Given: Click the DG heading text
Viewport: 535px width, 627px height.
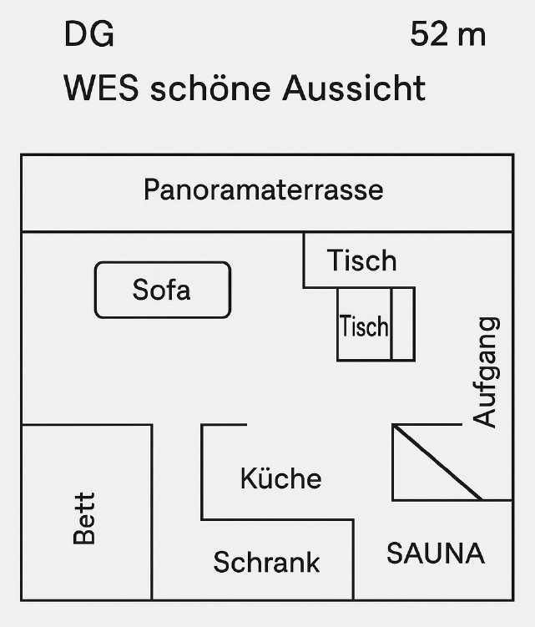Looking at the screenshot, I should pos(88,35).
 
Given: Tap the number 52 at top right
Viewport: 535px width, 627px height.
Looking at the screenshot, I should pos(429,35).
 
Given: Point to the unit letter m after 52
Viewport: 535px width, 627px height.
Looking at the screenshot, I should pos(471,36).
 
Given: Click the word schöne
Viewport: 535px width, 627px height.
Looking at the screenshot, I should pos(210,88).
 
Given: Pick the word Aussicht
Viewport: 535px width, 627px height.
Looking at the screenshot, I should pos(353,88).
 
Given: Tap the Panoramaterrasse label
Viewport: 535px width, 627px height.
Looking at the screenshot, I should pos(263,190).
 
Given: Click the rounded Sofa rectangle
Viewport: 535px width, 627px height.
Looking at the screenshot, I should pos(162,290).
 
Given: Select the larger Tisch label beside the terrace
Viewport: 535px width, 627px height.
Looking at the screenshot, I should pos(361,260).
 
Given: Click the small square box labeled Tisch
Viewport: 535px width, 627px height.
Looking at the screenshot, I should pos(364,325).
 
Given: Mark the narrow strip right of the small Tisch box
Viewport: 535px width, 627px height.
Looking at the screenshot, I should pos(402,324).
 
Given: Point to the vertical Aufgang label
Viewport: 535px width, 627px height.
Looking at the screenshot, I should pos(485,372).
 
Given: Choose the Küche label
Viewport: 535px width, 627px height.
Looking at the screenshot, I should pos(280,478).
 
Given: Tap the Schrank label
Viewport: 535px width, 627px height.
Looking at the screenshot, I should pos(266,562).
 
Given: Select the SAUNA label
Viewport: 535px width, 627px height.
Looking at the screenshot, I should pos(435,553).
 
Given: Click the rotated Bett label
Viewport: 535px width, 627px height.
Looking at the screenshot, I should pos(84,518).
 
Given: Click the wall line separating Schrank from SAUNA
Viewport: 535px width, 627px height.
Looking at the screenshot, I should pos(353,559).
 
